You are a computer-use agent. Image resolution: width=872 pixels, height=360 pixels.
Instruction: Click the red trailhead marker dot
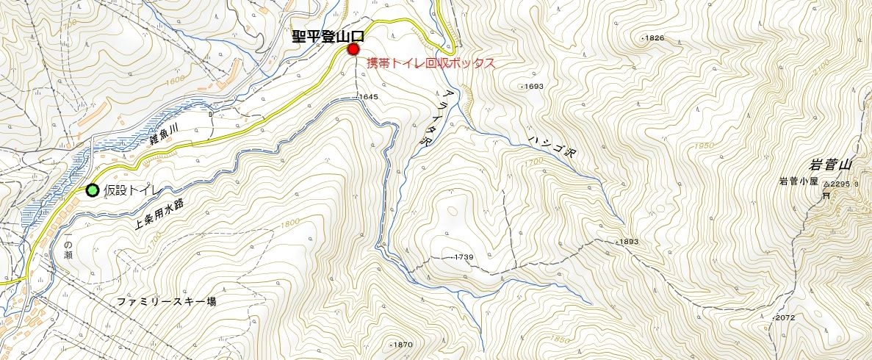coord(353,49)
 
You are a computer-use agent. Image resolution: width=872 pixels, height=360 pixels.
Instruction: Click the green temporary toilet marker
coord(93,190)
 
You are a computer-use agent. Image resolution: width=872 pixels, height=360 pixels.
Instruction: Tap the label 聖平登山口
coord(327,37)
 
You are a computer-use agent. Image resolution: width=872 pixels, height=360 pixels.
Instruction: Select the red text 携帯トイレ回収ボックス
coord(430,63)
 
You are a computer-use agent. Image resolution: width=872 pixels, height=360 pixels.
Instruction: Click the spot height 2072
coord(785,317)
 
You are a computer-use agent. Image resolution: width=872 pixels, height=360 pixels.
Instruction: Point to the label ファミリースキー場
coord(167,302)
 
